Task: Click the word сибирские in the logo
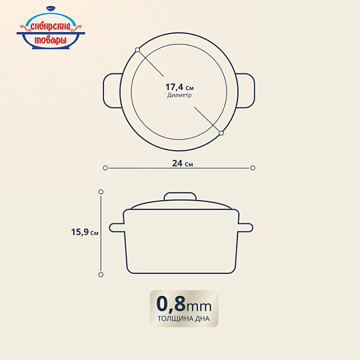pyautogui.click(x=51, y=27)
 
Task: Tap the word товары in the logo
pyautogui.click(x=51, y=41)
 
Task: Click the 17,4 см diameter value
pyautogui.click(x=179, y=87)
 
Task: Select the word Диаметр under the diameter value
pyautogui.click(x=179, y=95)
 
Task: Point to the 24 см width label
pyautogui.click(x=183, y=163)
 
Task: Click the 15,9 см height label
pyautogui.click(x=85, y=232)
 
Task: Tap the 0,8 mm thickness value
pyautogui.click(x=184, y=304)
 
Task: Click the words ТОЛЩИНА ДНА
pyautogui.click(x=183, y=319)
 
